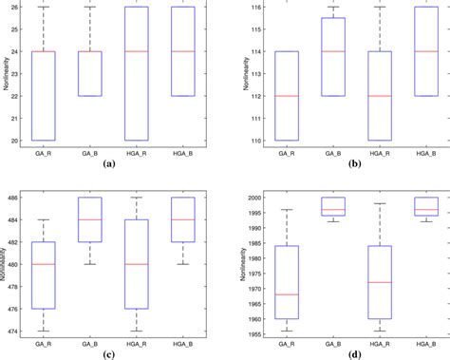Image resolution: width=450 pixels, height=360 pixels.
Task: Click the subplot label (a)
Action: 108,163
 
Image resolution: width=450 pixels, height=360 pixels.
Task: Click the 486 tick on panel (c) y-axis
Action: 13,198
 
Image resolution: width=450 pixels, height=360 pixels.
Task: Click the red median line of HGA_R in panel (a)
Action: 136,51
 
